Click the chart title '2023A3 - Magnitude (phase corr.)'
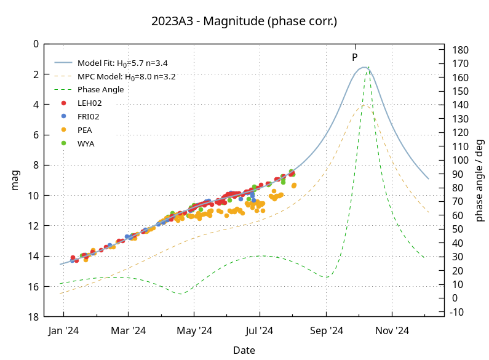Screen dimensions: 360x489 (x=244, y=21)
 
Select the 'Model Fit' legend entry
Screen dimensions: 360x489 (x=122, y=63)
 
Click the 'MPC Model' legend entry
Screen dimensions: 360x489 (x=127, y=77)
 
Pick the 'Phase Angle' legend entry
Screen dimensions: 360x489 (x=100, y=90)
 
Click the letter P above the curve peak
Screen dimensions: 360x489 (x=355, y=57)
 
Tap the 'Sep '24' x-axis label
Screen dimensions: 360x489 (x=327, y=331)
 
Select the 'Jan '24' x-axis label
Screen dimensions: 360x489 (x=63, y=331)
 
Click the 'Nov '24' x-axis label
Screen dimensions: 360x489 (x=392, y=331)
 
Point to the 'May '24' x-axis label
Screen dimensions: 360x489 (x=194, y=331)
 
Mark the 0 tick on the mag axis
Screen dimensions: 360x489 (x=36, y=44)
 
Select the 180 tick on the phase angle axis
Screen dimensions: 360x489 (x=460, y=50)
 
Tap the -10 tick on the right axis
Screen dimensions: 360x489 (x=458, y=312)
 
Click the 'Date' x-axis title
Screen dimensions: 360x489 (x=244, y=350)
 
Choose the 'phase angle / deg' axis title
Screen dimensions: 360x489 (x=480, y=180)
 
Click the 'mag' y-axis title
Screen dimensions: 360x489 (x=15, y=180)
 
